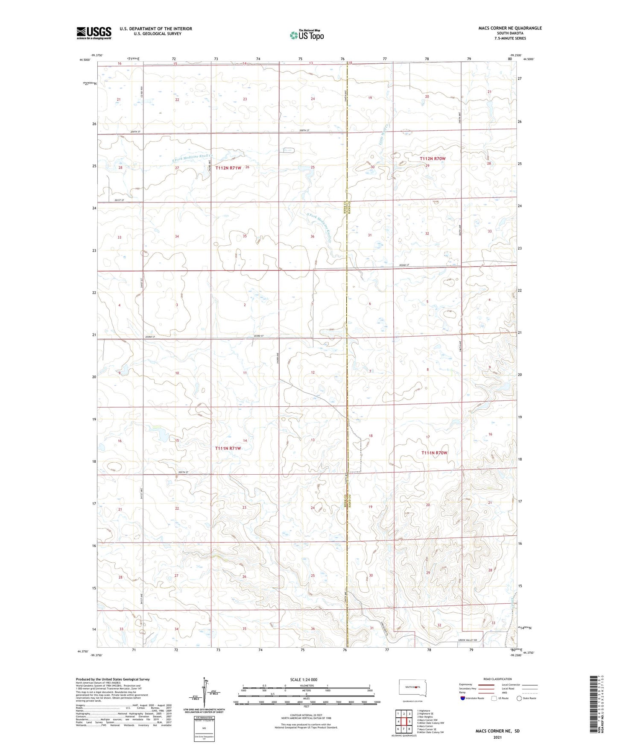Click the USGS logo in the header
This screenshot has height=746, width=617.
[x=94, y=32]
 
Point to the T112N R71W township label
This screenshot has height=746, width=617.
[x=228, y=168]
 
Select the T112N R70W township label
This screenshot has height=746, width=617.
[x=433, y=159]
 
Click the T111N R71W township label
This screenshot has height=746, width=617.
[x=228, y=448]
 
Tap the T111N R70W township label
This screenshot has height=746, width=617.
[x=434, y=453]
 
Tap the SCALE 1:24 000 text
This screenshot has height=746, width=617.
[x=304, y=680]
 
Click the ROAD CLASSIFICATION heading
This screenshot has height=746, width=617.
[x=498, y=679]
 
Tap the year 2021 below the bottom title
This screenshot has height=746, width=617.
[x=497, y=737]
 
